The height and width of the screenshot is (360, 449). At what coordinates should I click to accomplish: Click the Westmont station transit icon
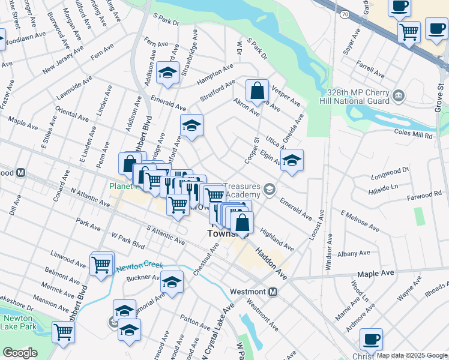273,292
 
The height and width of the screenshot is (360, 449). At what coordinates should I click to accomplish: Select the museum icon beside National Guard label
398,95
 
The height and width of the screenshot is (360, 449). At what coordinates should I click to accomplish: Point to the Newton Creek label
139,265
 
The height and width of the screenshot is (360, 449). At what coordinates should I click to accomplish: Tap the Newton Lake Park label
18,323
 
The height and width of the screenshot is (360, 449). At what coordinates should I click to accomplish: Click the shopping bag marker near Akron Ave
257,91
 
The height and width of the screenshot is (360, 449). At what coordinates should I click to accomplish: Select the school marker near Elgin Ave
292,160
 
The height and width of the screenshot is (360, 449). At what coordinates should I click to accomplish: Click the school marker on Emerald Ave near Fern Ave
167,74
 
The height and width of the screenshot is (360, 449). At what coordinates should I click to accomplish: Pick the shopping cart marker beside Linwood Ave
101,263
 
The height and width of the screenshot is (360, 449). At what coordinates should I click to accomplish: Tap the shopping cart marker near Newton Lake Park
62,331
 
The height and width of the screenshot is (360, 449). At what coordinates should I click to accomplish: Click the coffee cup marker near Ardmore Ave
372,339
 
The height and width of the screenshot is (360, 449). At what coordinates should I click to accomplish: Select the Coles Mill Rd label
413,135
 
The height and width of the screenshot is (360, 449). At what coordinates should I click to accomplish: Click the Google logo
20,353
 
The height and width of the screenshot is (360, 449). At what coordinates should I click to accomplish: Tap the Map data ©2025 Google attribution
412,356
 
